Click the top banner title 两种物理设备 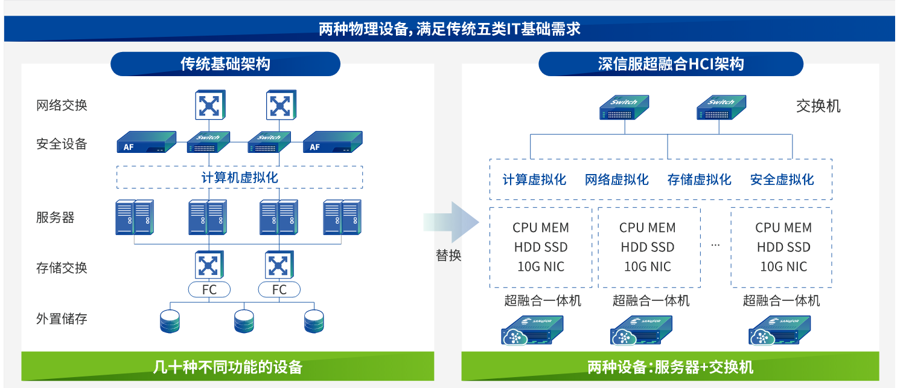coord(449,29)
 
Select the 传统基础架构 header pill coord(225,64)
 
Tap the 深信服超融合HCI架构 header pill coord(671,64)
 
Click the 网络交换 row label coord(62,105)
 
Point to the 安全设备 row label coord(62,144)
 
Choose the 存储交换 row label coord(62,268)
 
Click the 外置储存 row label coord(62,318)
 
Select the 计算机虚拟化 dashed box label coord(240,178)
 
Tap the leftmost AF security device coord(145,143)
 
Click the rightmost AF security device coord(332,143)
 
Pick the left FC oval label coord(209,290)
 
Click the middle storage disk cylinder coord(244,321)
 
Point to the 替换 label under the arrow coord(448,256)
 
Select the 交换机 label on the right coord(818,106)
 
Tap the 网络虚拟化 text coord(616,179)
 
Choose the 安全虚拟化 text coord(782,179)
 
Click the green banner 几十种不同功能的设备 coord(228,367)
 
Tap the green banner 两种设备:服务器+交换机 coord(670,367)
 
